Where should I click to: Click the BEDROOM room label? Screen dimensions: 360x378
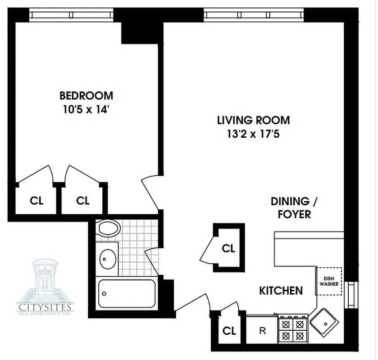(x=86, y=95)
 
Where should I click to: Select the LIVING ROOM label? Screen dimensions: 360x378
(x=253, y=120)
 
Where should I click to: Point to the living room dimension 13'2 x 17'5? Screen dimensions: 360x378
(x=253, y=134)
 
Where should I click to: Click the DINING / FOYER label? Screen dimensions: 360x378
(x=291, y=207)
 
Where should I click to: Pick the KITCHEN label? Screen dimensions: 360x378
(x=281, y=291)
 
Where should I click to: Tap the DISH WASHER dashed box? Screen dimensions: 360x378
(x=329, y=281)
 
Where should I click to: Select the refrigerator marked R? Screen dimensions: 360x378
(x=262, y=332)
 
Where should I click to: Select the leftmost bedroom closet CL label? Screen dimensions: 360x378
(x=36, y=201)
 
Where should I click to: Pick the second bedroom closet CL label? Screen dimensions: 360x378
(x=83, y=201)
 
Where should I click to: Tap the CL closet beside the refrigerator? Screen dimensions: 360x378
(x=229, y=331)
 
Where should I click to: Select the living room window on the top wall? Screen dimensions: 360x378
(x=255, y=15)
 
